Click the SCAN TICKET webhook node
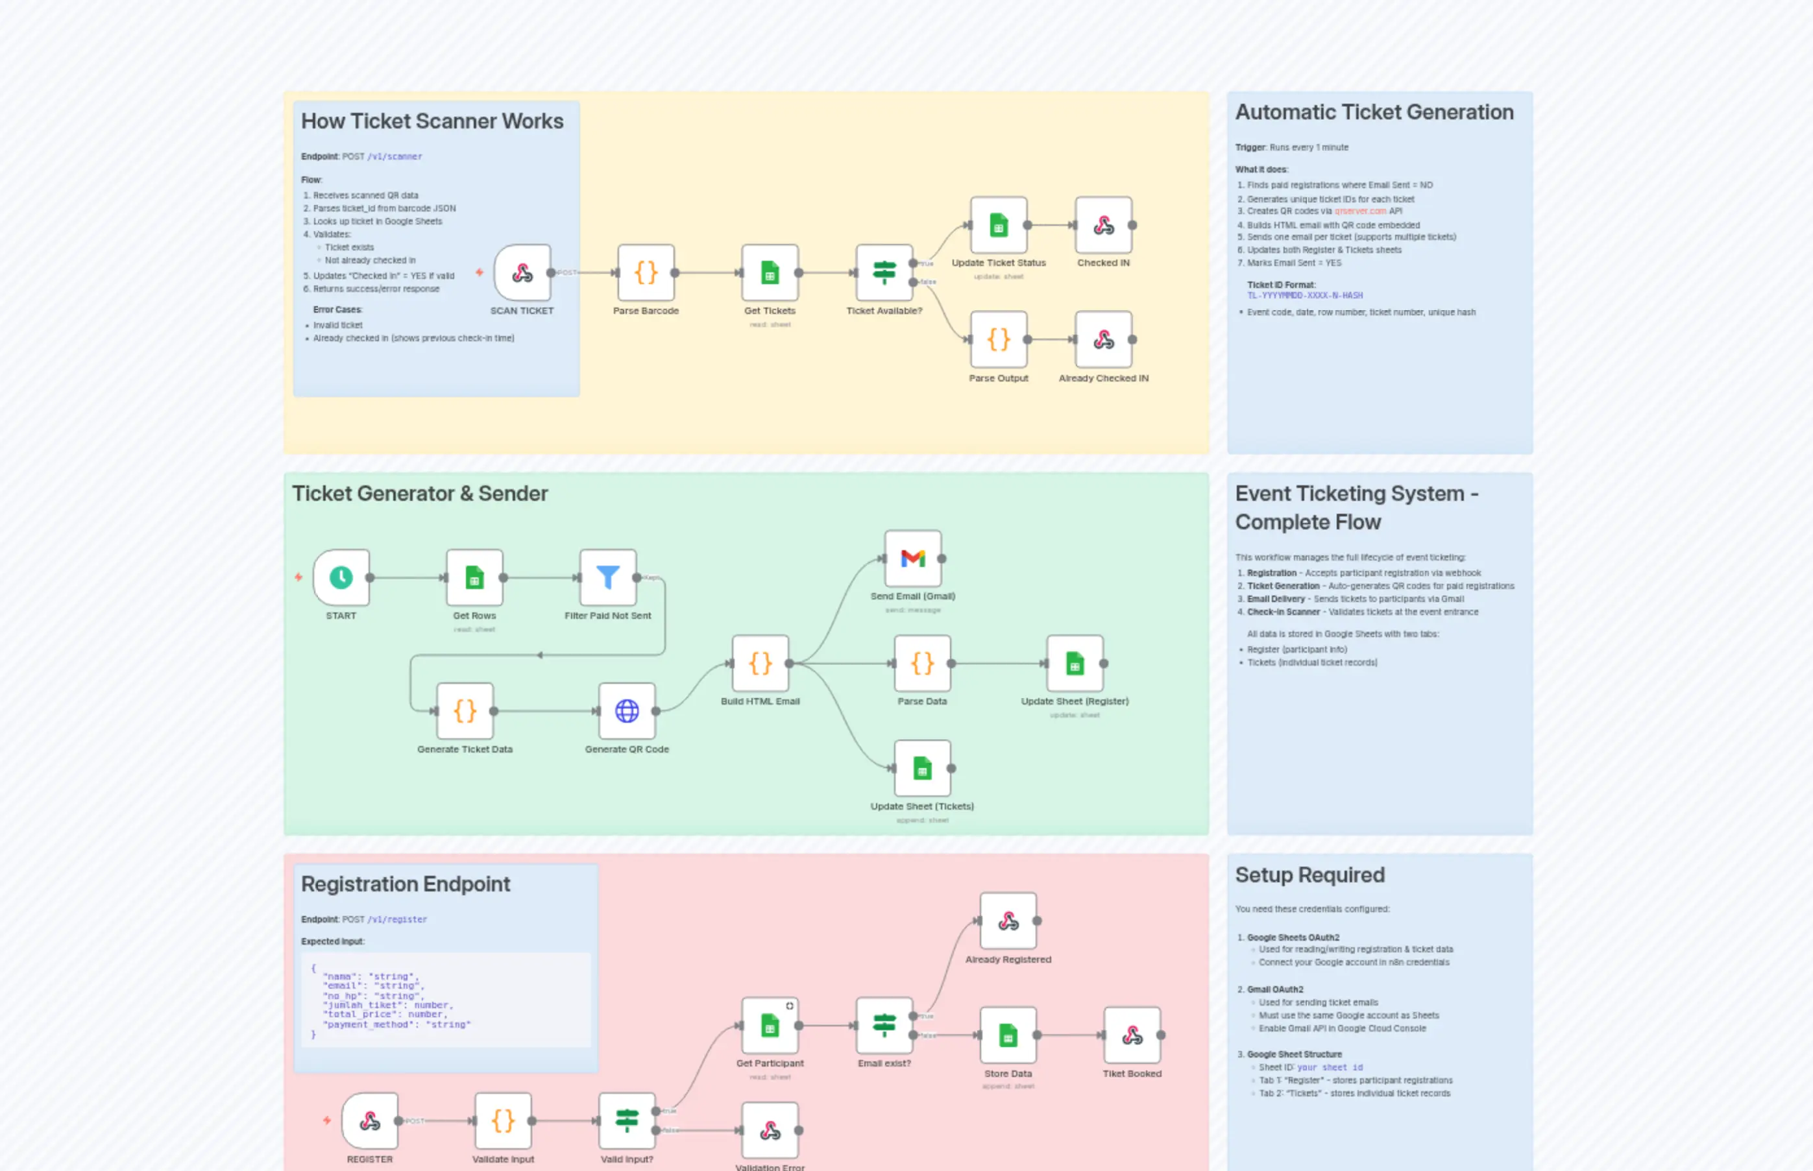click(x=522, y=272)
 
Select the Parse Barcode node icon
click(x=646, y=272)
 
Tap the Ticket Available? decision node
click(x=884, y=272)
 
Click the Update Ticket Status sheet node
click(x=999, y=225)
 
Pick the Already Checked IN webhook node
click(x=1104, y=340)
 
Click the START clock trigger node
click(x=341, y=578)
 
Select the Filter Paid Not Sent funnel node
click(x=607, y=578)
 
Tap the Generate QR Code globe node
click(x=627, y=711)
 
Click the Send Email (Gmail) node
click(x=912, y=559)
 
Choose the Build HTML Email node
click(x=760, y=663)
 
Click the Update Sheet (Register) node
click(x=1075, y=663)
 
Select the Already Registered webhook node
click(x=1008, y=921)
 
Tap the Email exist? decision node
click(x=884, y=1025)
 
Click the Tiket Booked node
click(x=1132, y=1035)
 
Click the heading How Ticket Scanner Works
click(x=432, y=121)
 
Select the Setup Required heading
click(x=1309, y=875)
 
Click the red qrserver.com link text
click(x=1360, y=211)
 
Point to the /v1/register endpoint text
click(x=397, y=919)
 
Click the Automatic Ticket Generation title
click(x=1374, y=112)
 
